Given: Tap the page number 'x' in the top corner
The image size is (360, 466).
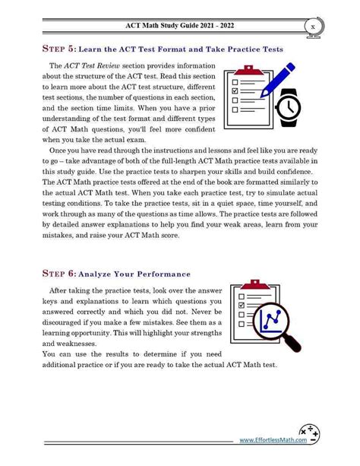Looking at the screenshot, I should coord(313,27).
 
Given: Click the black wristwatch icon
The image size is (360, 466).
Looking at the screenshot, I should coord(289,108).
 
